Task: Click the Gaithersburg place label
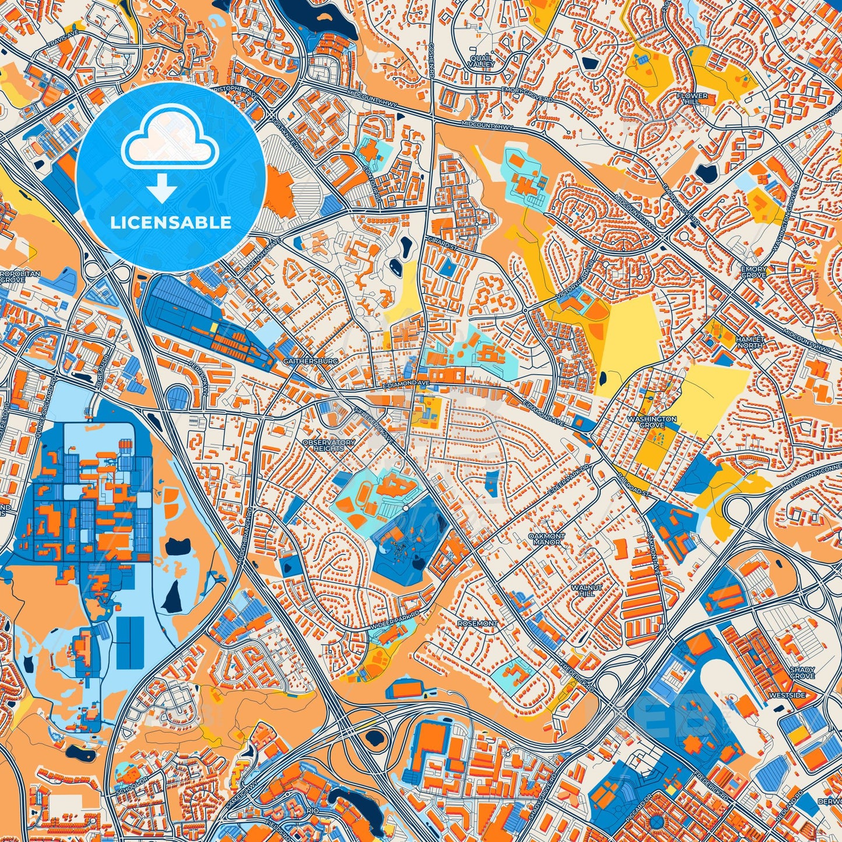coord(302,362)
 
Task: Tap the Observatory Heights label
coord(329,445)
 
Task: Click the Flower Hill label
coord(692,98)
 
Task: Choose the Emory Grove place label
coord(753,272)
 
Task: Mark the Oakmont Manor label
coord(547,538)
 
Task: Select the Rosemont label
coord(477,623)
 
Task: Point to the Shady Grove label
coord(802,673)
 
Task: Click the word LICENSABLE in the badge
coord(171,223)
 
